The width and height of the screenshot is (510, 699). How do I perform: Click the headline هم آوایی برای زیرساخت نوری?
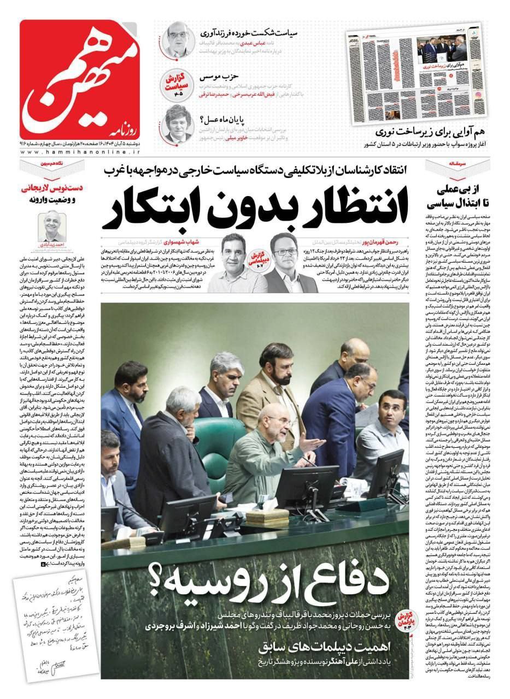click(432, 132)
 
